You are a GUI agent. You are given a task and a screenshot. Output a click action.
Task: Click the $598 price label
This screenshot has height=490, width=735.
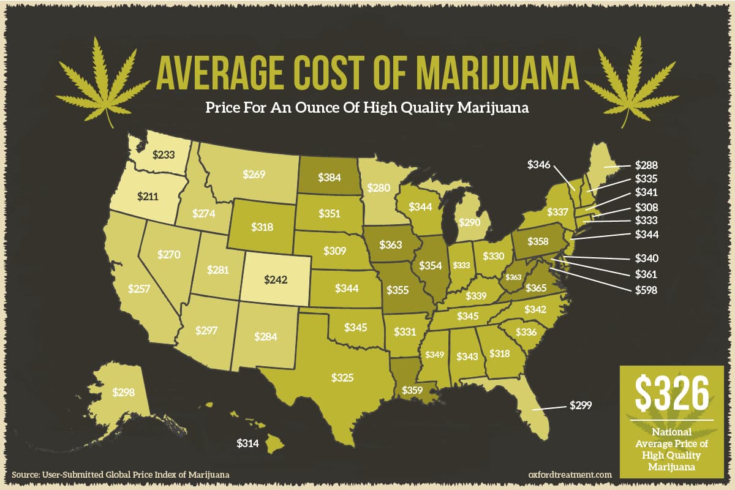pos(646,290)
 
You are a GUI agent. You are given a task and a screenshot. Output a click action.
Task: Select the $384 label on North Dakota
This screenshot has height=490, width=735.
pos(329,176)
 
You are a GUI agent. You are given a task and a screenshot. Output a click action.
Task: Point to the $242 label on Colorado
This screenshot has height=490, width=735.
pos(276,279)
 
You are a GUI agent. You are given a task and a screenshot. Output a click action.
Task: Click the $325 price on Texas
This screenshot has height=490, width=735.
pos(342,377)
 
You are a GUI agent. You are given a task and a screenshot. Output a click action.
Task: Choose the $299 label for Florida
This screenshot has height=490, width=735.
pos(581,405)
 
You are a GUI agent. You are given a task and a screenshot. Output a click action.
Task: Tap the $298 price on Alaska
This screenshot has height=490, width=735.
pos(123,391)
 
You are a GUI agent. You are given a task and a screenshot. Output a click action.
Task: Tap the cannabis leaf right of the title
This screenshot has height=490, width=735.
pos(631,80)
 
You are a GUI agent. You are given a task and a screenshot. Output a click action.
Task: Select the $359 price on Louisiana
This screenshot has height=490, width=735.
pos(413,389)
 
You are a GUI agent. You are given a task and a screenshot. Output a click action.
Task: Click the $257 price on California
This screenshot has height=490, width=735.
pos(138,288)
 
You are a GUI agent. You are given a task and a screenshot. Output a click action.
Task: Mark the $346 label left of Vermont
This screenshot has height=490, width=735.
pos(539,165)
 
